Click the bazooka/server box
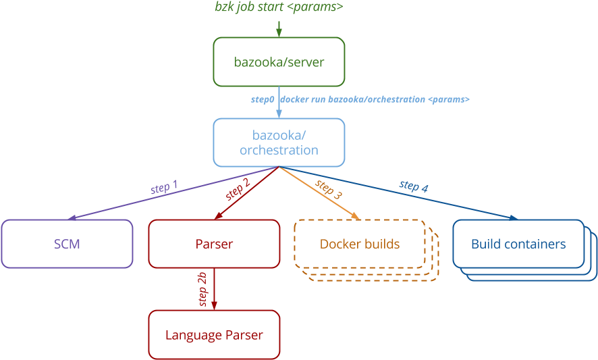pos(279,62)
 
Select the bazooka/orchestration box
pos(279,143)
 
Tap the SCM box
pos(67,244)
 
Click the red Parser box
pos(214,244)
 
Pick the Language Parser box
pos(214,334)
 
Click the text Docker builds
pos(360,244)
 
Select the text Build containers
pos(518,244)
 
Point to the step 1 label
pos(164,188)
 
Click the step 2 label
pos(238,190)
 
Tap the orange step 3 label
pos(329,189)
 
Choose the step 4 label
pos(414,185)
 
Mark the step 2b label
pos(202,289)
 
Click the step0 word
pos(263,99)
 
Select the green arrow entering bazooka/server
pos(279,29)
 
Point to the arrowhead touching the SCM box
pos(73,217)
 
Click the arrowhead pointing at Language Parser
pos(214,306)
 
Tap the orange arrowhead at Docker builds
pos(355,216)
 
